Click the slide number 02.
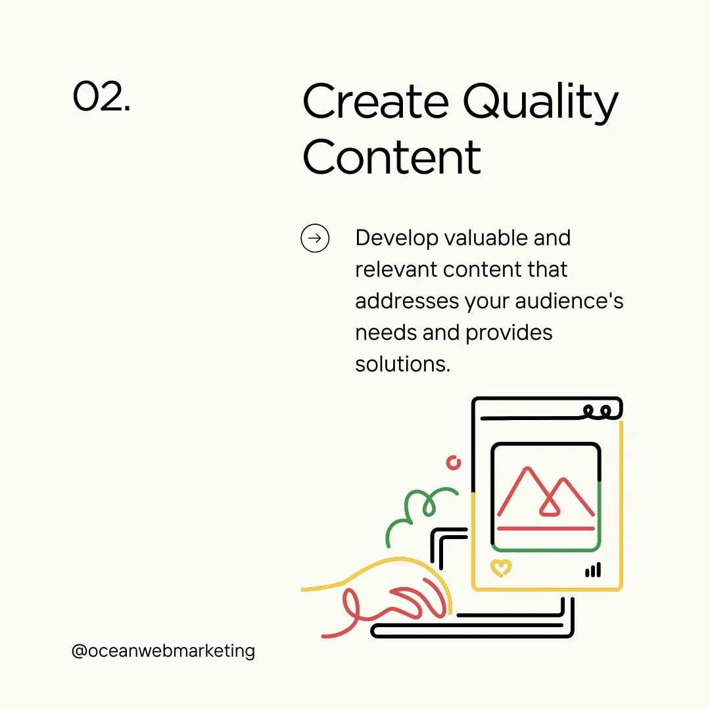pos(101,97)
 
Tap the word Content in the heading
pos(392,157)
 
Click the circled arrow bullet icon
pos(315,238)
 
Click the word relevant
pos(396,270)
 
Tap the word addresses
pos(406,301)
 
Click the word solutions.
pos(402,364)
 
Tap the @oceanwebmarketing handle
pos(163,651)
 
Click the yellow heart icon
pos(501,567)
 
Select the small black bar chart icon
pos(593,570)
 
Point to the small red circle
pos(454,462)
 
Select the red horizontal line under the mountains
pos(546,528)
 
